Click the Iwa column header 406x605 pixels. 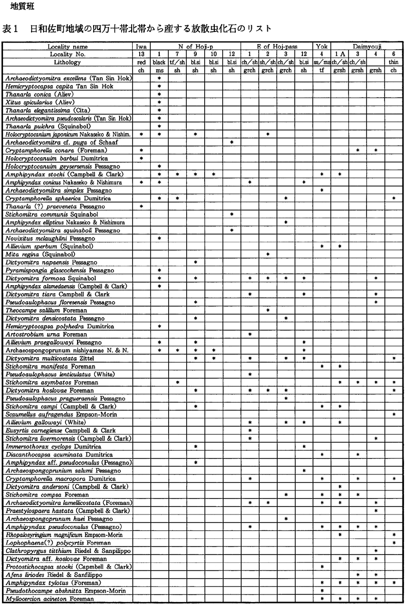click(x=142, y=46)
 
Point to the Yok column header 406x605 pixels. click(x=322, y=46)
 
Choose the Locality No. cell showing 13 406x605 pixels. click(x=142, y=54)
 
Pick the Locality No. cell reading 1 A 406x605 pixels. click(x=340, y=54)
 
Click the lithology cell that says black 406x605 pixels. click(x=159, y=62)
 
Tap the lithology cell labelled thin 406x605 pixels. click(x=394, y=62)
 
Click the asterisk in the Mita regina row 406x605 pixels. click(x=268, y=254)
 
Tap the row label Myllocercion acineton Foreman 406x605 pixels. click(x=50, y=599)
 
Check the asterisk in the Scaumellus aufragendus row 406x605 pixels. click(x=394, y=414)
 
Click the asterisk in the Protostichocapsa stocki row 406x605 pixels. click(x=322, y=567)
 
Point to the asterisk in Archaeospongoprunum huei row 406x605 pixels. click(x=286, y=519)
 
